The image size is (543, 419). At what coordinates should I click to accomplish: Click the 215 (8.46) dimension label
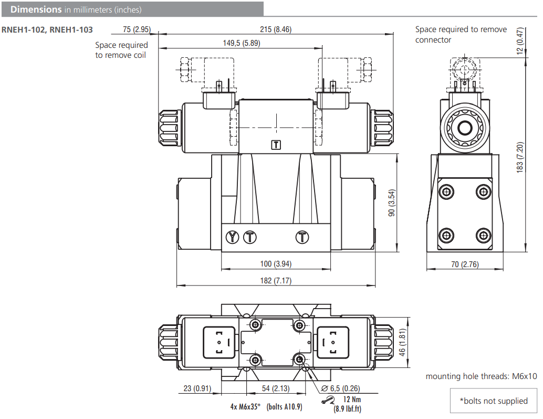pyautogui.click(x=275, y=29)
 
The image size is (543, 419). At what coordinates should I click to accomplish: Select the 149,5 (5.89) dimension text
pyautogui.click(x=241, y=43)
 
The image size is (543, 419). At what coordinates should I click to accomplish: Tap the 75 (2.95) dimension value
pyautogui.click(x=137, y=29)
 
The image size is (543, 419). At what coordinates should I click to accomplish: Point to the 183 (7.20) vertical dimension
pyautogui.click(x=520, y=157)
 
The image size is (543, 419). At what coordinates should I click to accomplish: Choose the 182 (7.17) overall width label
pyautogui.click(x=275, y=281)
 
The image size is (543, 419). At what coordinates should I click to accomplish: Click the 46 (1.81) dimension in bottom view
pyautogui.click(x=403, y=343)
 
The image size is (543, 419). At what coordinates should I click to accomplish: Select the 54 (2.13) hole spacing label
pyautogui.click(x=276, y=389)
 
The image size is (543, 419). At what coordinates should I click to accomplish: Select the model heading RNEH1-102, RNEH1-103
pyautogui.click(x=47, y=30)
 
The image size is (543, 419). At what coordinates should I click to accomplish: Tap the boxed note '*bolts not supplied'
pyautogui.click(x=493, y=401)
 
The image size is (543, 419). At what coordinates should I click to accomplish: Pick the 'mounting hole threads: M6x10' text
pyautogui.click(x=481, y=376)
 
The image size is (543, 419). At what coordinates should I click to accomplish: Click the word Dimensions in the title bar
pyautogui.click(x=36, y=9)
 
